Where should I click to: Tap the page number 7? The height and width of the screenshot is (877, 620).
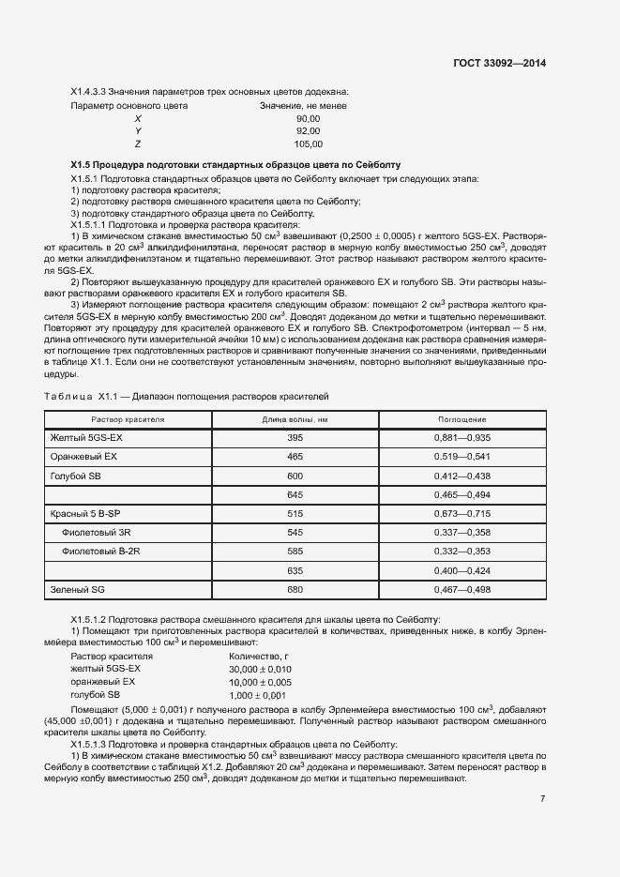[543, 798]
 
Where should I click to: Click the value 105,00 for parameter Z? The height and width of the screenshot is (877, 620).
[308, 144]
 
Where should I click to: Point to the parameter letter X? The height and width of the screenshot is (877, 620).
[138, 118]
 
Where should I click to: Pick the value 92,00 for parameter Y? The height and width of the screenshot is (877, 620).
[308, 131]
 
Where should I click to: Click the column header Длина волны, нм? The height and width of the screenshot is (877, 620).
[295, 419]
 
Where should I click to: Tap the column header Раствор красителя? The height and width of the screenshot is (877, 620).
[128, 419]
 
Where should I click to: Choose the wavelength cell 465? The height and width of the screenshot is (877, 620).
[295, 457]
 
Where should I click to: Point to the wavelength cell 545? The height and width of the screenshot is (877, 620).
[295, 533]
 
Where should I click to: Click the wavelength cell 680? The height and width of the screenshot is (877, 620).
[295, 589]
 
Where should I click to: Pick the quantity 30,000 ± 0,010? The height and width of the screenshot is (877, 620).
[260, 669]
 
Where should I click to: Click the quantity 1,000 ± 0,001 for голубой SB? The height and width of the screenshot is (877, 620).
[257, 695]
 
